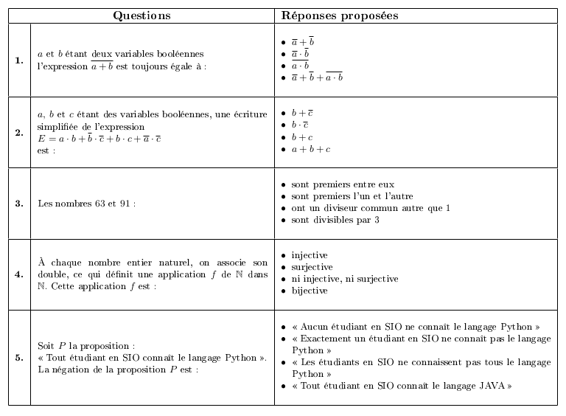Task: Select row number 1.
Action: (19, 60)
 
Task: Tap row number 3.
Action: (19, 204)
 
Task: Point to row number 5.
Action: (19, 358)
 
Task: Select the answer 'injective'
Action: (310, 255)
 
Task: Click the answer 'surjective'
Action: (312, 267)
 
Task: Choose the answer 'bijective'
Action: (310, 291)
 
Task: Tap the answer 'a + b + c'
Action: (310, 149)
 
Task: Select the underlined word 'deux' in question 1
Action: (111, 54)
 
